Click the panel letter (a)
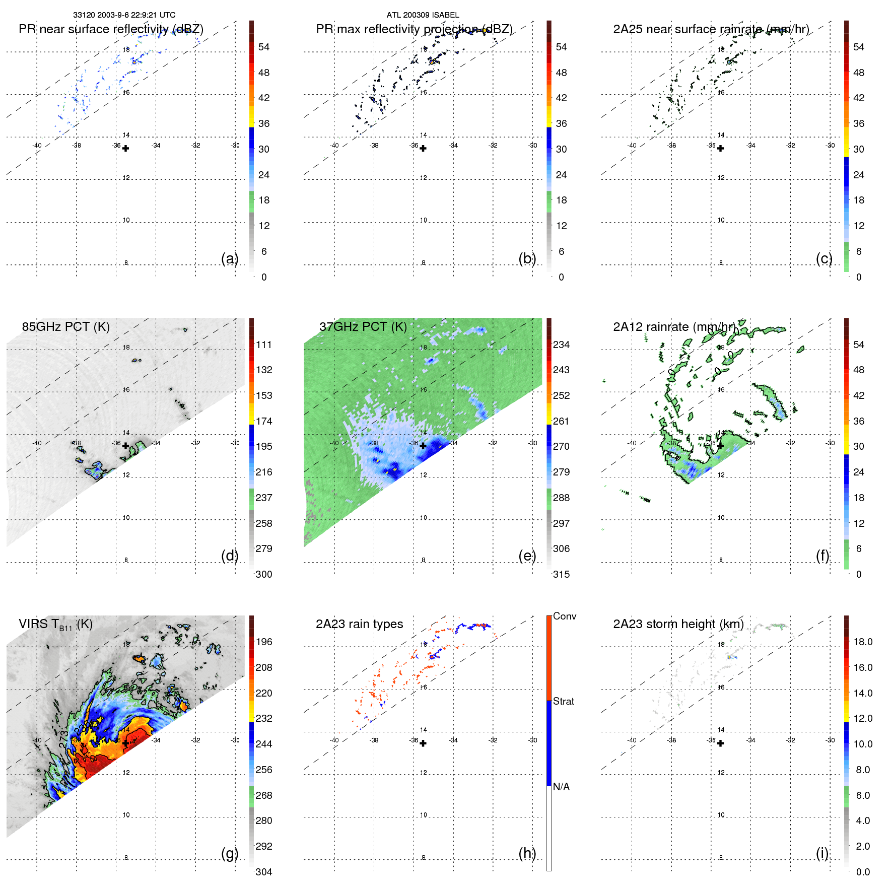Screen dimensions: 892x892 [x=229, y=258]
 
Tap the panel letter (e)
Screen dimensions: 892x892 [x=527, y=556]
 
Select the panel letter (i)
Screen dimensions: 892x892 [x=822, y=853]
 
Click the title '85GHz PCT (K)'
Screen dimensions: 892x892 [x=65, y=326]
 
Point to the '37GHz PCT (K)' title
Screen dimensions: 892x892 [x=363, y=326]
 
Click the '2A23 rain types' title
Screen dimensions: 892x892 [x=359, y=624]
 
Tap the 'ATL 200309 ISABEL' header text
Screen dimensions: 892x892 [x=423, y=15]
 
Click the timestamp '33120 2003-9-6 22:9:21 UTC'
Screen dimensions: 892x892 [x=124, y=15]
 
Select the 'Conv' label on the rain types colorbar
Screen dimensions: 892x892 [x=564, y=616]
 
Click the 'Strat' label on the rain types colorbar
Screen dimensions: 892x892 [x=563, y=701]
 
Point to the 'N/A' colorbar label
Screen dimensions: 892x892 [x=561, y=787]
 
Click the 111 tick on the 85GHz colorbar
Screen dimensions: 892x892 [x=263, y=345]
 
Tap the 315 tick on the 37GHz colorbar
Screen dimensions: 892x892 [x=561, y=574]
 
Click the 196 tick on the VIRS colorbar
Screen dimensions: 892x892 [x=263, y=642]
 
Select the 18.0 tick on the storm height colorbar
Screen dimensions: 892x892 [x=862, y=642]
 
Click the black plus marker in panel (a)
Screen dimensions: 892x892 [x=125, y=149]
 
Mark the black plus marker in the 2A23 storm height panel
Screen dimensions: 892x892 [x=720, y=743]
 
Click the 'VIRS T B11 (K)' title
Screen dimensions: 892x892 [x=55, y=625]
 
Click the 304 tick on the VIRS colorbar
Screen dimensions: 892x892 [x=263, y=872]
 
